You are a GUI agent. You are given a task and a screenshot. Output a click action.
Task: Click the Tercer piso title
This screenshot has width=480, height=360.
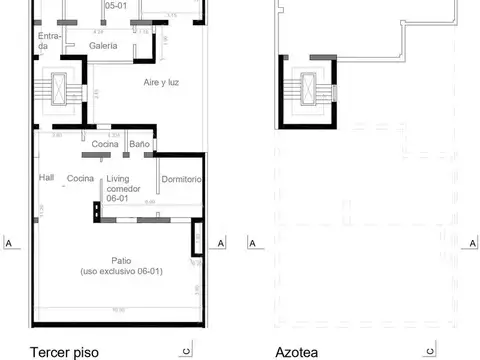[66, 351]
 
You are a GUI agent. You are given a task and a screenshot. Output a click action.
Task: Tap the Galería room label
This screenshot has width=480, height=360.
[102, 46]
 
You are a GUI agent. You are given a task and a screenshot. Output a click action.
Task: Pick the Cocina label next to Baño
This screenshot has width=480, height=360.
[106, 145]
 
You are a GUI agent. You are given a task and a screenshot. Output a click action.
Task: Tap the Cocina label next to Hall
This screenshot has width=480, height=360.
[80, 178]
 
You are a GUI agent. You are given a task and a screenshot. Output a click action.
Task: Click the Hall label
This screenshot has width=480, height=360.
[46, 177]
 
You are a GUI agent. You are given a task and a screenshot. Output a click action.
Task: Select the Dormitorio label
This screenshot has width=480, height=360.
[181, 179]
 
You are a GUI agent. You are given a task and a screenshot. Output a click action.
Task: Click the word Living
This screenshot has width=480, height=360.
[119, 179]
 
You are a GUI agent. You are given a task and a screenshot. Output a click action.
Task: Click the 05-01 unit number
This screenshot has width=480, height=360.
[115, 4]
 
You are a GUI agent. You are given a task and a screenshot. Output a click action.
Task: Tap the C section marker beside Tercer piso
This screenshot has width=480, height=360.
[187, 350]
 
